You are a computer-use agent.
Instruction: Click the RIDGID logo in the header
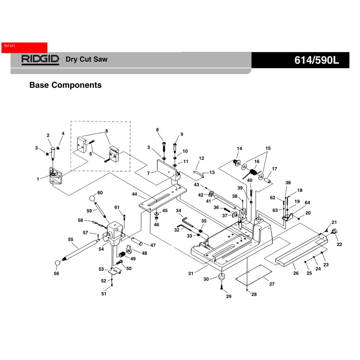(x=40, y=60)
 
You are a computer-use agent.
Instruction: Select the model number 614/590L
(x=316, y=60)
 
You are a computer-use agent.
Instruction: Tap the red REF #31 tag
(x=24, y=48)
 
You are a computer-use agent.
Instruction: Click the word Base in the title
(x=39, y=85)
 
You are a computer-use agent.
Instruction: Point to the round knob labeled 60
(x=92, y=198)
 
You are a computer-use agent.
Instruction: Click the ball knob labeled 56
(x=57, y=263)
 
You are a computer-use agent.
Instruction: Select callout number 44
(x=134, y=194)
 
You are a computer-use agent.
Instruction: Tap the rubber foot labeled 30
(x=221, y=276)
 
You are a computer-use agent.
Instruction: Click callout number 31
(x=191, y=274)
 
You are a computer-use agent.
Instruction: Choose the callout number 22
(x=339, y=244)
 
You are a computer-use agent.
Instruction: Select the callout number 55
(x=71, y=239)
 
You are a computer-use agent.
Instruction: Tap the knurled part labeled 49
(x=122, y=255)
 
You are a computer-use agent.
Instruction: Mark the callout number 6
(x=107, y=131)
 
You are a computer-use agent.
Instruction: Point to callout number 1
(x=38, y=179)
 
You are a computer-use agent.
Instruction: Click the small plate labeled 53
(x=114, y=271)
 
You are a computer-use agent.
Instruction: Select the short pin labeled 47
(x=137, y=242)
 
